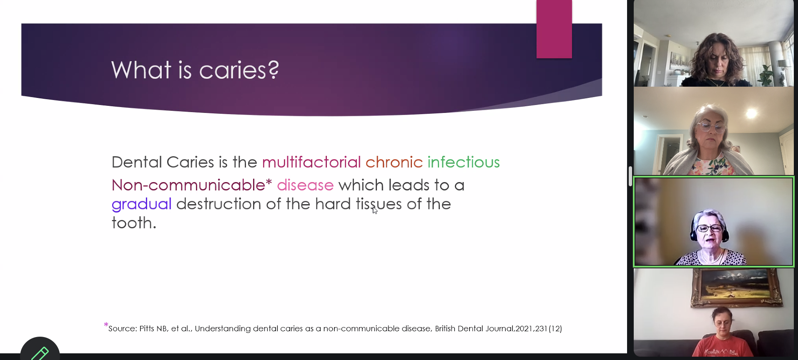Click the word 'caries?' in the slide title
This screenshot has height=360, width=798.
tap(239, 70)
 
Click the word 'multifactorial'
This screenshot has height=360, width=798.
tap(311, 162)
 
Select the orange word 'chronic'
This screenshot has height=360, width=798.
tap(394, 162)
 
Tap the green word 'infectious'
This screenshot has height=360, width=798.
tap(464, 162)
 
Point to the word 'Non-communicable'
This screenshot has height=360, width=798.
tap(188, 185)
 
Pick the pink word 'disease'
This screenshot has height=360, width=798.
tap(305, 185)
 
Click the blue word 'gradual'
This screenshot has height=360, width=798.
tap(142, 204)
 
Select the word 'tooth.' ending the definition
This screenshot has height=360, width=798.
tap(134, 223)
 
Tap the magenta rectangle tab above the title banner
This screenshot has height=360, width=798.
tap(554, 29)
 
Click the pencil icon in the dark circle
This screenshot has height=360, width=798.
tap(40, 353)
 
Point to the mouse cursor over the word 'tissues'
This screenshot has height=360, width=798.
tap(375, 210)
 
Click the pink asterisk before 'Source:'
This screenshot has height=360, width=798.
tap(106, 325)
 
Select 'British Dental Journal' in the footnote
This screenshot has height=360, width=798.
tap(474, 328)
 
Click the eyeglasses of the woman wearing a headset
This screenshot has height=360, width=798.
tap(710, 228)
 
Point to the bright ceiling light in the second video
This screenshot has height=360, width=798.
tap(751, 113)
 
